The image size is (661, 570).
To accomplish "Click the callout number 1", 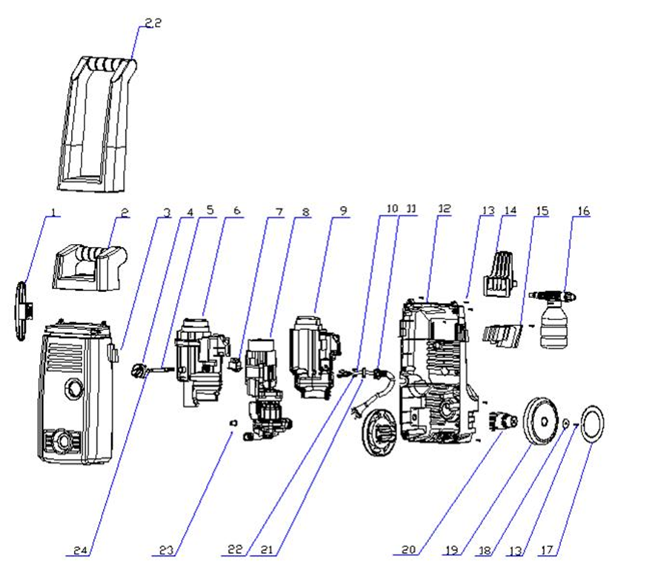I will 53,213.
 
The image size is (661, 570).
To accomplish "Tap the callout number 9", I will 342,211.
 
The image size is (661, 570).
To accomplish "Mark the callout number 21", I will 268,551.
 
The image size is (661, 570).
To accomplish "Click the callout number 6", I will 236,211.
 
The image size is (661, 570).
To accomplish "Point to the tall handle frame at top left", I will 96,119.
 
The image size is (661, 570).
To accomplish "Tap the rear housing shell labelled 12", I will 436,371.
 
